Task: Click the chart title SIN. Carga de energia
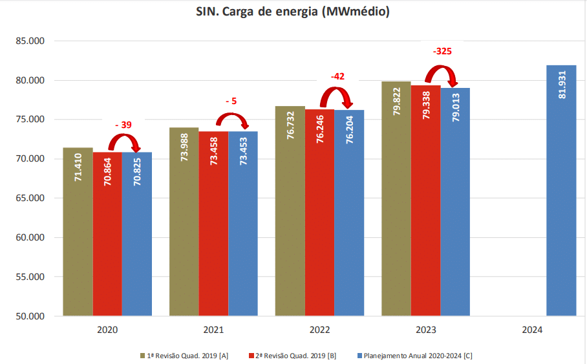coord(293,12)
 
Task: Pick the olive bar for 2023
coord(396,207)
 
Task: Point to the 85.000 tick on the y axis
coord(28,41)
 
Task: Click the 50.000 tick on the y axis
coord(28,316)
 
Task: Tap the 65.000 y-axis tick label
coord(28,198)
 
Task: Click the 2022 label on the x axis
coord(319,330)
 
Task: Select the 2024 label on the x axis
coord(531,330)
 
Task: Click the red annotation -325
coord(442,50)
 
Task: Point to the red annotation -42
coord(337,76)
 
